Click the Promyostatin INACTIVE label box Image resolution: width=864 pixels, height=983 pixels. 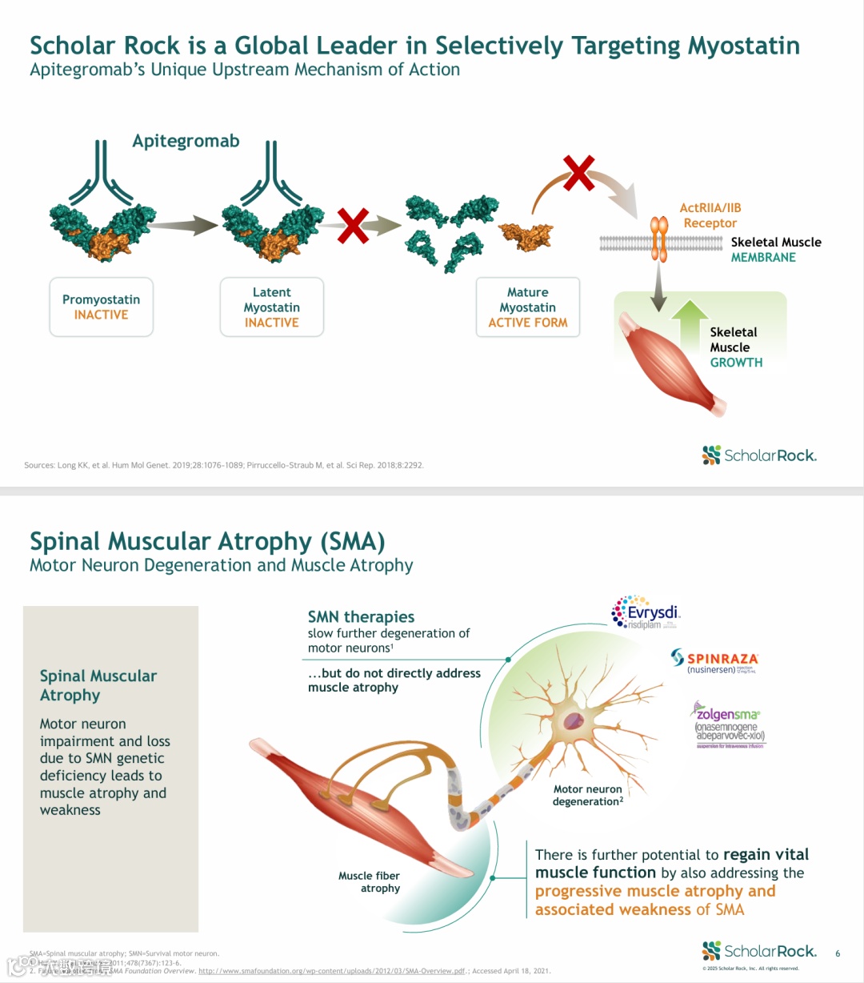[x=101, y=307]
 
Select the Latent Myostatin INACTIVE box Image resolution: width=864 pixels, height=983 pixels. [x=272, y=307]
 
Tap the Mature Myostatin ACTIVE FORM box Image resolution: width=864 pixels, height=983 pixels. [x=528, y=307]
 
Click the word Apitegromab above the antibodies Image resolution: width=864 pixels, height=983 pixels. [x=186, y=142]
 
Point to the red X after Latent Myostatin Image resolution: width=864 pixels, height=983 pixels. [x=353, y=226]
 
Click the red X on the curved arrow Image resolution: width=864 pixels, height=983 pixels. [x=578, y=173]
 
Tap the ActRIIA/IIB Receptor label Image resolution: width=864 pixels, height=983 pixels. [x=710, y=215]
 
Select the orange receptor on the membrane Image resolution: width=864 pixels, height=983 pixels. [x=659, y=239]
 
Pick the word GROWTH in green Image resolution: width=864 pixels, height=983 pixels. [x=736, y=363]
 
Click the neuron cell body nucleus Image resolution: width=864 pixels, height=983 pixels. [x=574, y=721]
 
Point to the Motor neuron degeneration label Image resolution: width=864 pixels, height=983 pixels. [x=588, y=795]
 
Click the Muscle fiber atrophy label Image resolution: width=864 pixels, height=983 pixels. [x=370, y=881]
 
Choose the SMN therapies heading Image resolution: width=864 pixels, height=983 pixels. [x=361, y=617]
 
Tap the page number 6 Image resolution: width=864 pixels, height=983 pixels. [x=838, y=953]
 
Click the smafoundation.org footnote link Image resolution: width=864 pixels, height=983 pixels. [x=332, y=971]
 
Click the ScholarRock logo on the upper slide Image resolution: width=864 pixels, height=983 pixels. [x=759, y=455]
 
